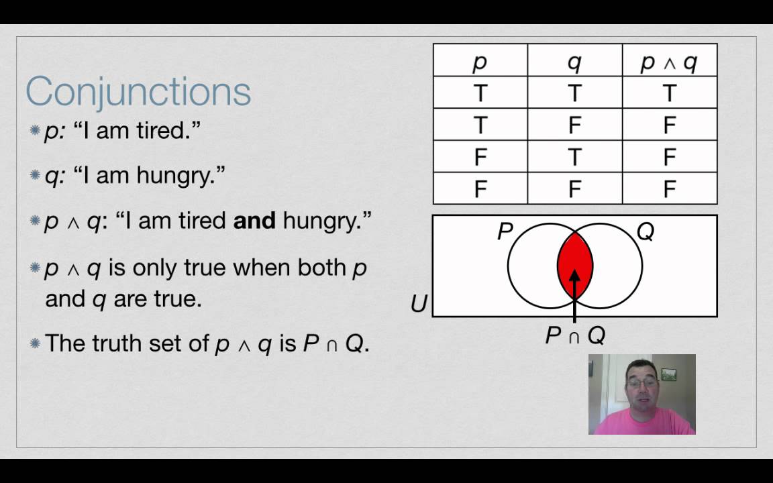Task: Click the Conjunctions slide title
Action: (x=138, y=91)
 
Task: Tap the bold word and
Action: (x=254, y=221)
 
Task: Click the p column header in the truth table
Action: (x=480, y=61)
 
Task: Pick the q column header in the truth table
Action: (x=574, y=61)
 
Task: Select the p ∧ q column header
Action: (x=669, y=61)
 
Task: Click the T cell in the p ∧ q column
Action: (x=669, y=93)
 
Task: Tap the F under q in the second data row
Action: (x=574, y=125)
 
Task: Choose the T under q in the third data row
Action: (x=574, y=157)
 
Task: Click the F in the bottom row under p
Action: (x=480, y=189)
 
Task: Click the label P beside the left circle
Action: (x=505, y=232)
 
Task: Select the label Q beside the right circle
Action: (x=645, y=231)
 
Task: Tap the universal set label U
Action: (x=419, y=304)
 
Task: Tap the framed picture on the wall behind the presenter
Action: (x=668, y=374)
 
